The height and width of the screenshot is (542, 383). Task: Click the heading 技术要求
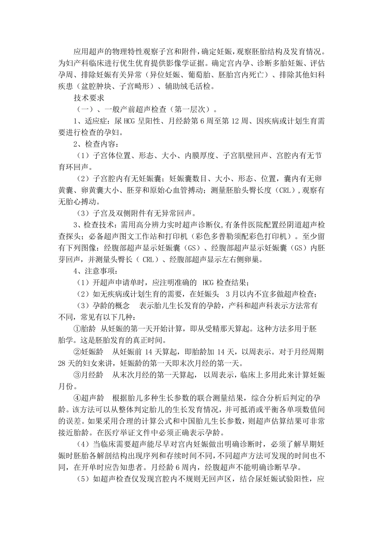pos(89,98)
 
